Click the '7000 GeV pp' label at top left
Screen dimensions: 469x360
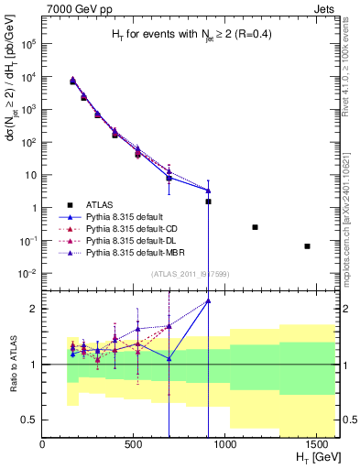coord(74,8)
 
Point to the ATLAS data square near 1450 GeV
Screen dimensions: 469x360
coord(307,245)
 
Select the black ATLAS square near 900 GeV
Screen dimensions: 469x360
coord(208,201)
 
